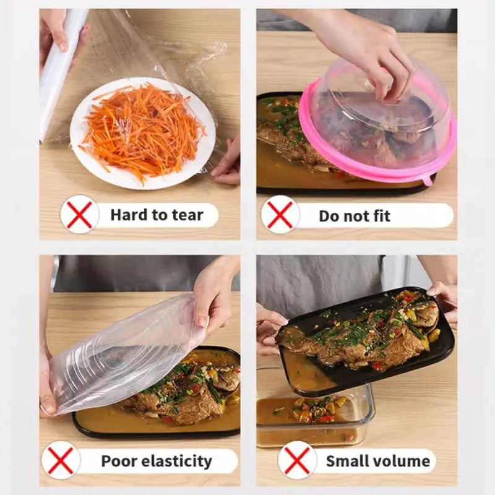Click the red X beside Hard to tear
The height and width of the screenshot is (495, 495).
(x=79, y=214)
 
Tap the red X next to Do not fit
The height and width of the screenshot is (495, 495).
(x=280, y=215)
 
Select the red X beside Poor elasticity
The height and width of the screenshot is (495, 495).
(x=60, y=460)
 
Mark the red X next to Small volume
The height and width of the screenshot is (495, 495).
(x=297, y=460)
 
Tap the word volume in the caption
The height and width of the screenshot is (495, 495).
(x=402, y=461)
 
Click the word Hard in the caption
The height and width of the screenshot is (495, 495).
(x=129, y=215)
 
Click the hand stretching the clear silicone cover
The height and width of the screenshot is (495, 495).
(x=213, y=297)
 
